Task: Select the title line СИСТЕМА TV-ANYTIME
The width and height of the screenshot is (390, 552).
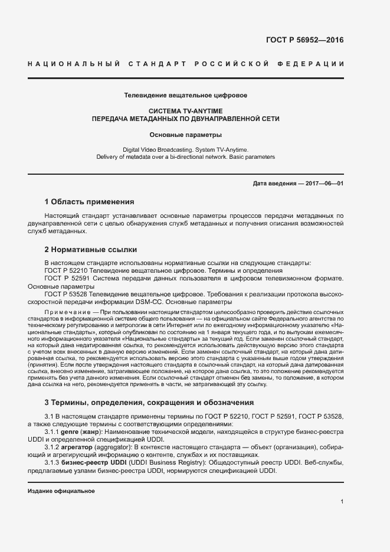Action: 185,110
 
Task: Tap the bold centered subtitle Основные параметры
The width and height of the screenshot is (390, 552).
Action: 185,135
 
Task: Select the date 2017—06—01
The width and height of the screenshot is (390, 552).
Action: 324,184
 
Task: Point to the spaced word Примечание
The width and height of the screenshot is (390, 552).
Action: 64,311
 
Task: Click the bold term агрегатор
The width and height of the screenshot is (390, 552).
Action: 88,448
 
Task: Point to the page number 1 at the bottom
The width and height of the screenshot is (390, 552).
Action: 342,501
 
